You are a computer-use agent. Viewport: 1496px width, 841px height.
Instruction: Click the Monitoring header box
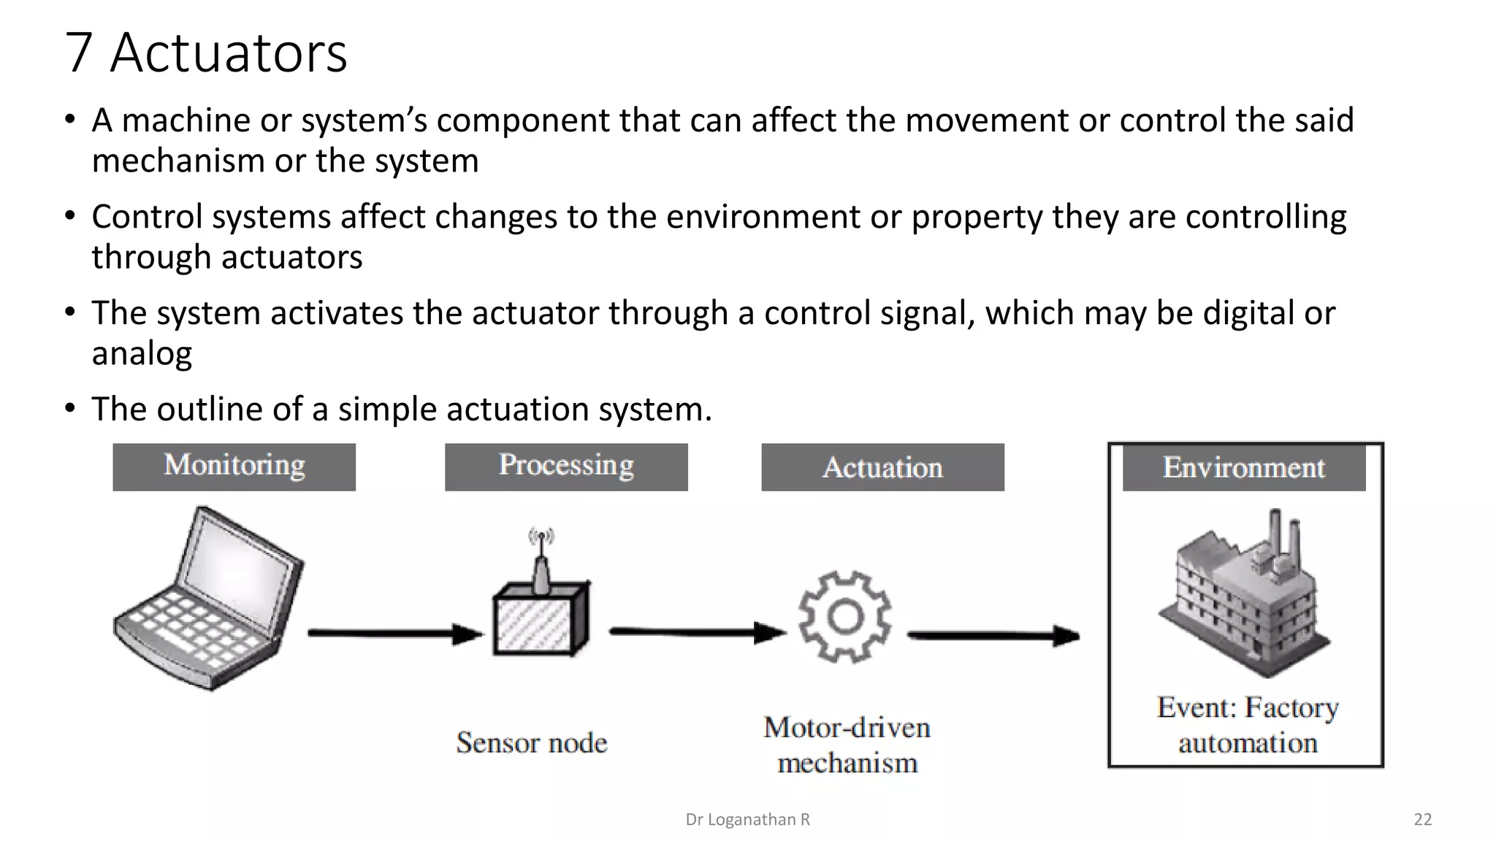pyautogui.click(x=234, y=466)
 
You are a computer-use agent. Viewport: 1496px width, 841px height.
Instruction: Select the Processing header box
pyautogui.click(x=566, y=466)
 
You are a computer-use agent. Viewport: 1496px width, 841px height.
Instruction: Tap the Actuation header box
pyautogui.click(x=882, y=467)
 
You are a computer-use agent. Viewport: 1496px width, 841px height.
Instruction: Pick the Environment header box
pyautogui.click(x=1243, y=468)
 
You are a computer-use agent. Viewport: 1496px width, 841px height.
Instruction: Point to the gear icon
pyautogui.click(x=845, y=617)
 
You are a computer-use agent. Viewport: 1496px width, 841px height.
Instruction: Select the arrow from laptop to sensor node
pyautogui.click(x=394, y=634)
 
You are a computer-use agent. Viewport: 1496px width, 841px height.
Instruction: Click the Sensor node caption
pyautogui.click(x=532, y=743)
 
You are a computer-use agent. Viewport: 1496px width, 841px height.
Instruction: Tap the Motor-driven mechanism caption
pyautogui.click(x=847, y=745)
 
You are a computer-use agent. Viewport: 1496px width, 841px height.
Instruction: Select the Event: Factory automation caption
pyautogui.click(x=1248, y=725)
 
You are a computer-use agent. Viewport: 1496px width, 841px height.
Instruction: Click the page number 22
pyautogui.click(x=1422, y=820)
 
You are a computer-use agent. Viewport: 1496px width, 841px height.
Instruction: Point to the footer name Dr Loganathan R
pyautogui.click(x=747, y=820)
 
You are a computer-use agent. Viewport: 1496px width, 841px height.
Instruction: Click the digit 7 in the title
pyautogui.click(x=78, y=53)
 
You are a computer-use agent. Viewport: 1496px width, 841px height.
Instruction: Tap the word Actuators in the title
pyautogui.click(x=229, y=53)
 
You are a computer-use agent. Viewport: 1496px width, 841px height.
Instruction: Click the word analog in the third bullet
pyautogui.click(x=142, y=353)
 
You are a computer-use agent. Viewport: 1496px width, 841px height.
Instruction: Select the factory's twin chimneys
pyautogui.click(x=1284, y=537)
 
